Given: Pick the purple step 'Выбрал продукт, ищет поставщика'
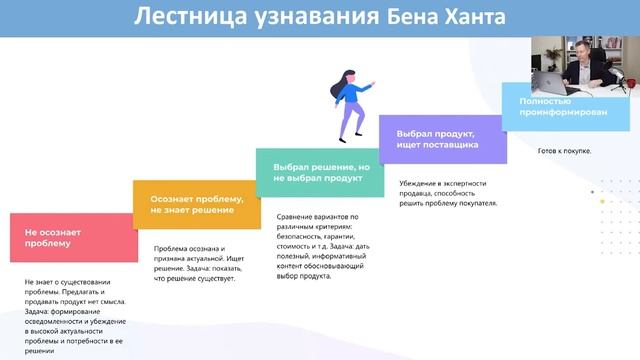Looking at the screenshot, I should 442,138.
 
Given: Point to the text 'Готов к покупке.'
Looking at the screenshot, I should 564,151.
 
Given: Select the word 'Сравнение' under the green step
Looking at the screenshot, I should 297,217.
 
